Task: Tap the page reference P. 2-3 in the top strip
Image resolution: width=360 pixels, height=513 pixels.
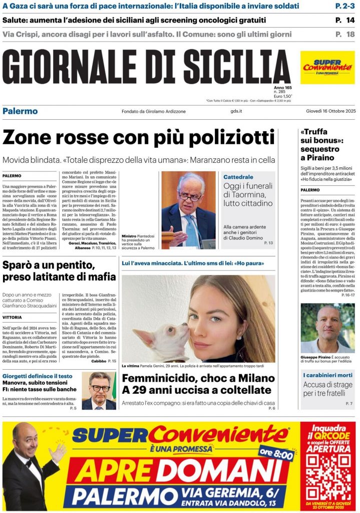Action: coord(344,6)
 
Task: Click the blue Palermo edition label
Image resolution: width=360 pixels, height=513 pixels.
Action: coord(20,111)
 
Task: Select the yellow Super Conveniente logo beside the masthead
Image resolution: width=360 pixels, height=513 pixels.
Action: coord(327,67)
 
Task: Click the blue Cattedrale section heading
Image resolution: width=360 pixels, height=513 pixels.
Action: coord(238,177)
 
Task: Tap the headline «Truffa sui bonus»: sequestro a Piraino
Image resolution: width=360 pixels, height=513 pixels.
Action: coord(321,145)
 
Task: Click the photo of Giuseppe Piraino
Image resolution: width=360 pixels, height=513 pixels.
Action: coord(327,328)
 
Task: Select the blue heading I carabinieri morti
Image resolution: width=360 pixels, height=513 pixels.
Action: coord(327,375)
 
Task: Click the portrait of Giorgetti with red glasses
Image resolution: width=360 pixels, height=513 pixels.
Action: coord(99,391)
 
